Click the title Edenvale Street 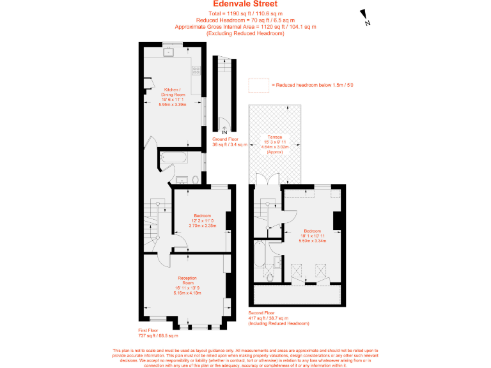point(245,4)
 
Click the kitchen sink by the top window point(171,52)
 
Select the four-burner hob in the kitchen point(197,70)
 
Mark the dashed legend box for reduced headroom point(258,84)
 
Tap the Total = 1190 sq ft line point(245,13)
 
